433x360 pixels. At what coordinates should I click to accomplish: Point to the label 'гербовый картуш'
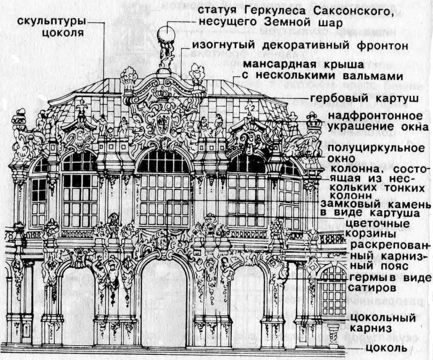(364, 99)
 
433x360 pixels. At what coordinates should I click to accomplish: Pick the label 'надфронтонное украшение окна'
(375, 122)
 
